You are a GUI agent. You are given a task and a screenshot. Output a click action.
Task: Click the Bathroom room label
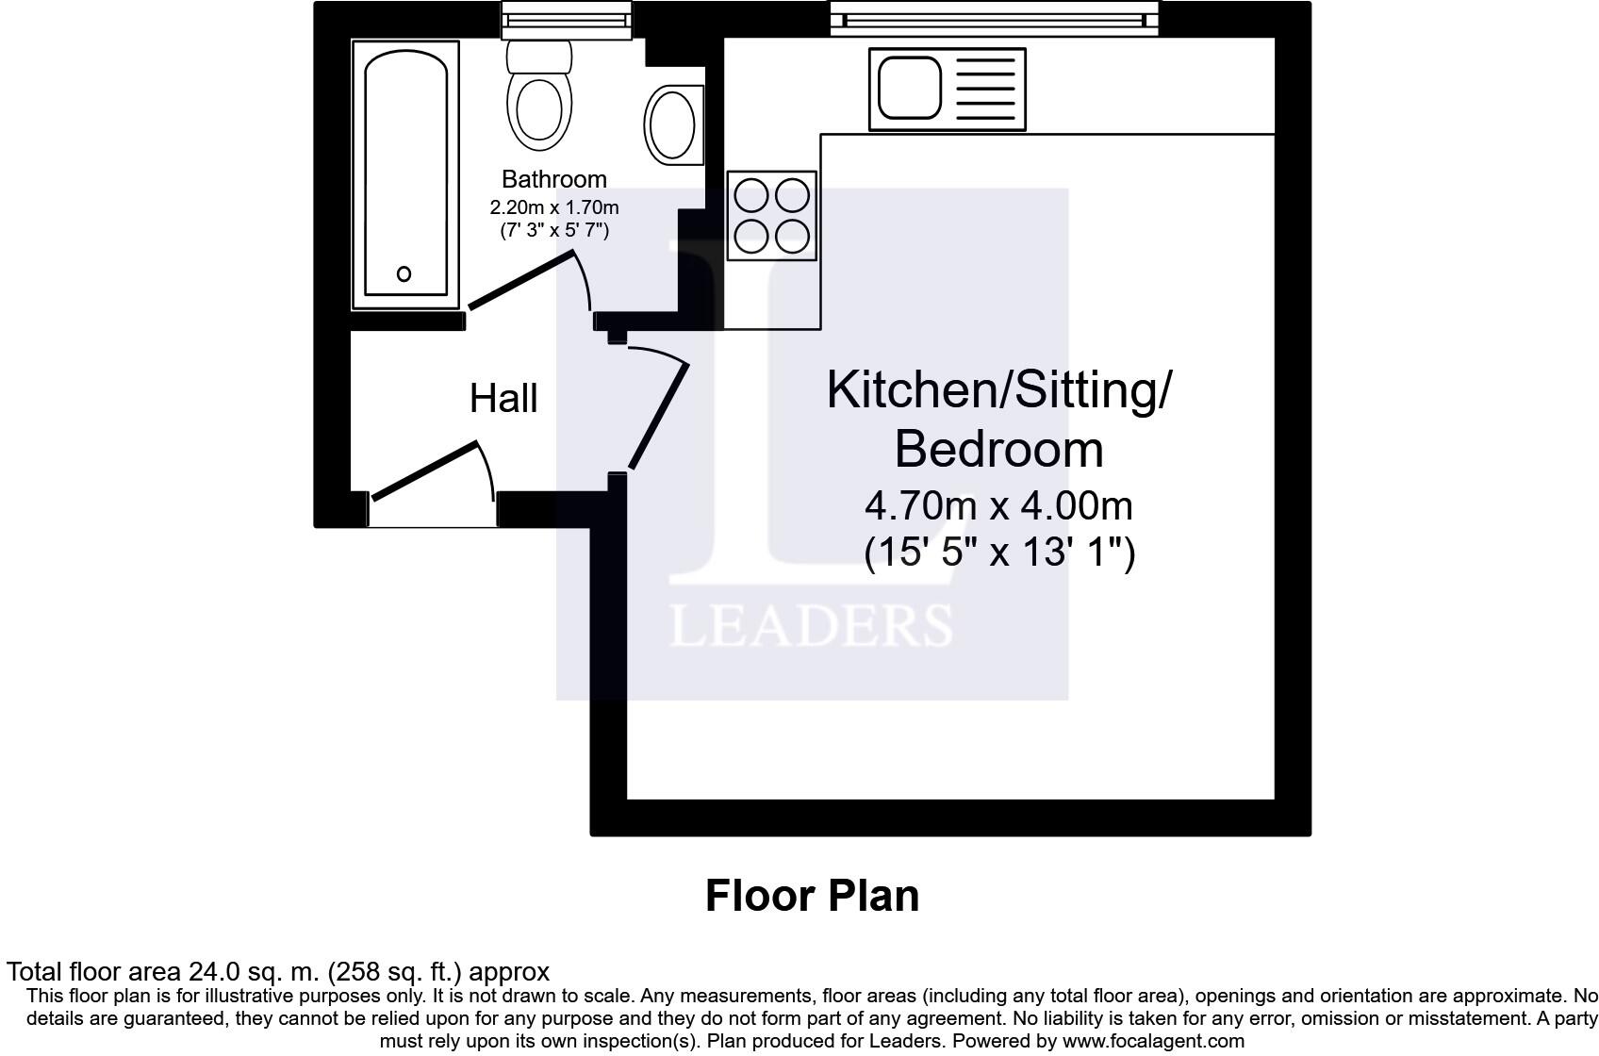553,179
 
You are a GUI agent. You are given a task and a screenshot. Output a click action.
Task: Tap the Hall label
503,398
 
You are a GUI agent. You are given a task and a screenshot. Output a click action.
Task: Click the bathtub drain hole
404,274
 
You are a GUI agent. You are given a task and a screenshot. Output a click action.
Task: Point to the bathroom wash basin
671,123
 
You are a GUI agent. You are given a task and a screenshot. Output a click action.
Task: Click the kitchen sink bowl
909,88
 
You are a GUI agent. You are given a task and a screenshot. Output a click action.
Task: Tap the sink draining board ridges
985,88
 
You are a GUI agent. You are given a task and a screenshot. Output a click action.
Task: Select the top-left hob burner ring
751,196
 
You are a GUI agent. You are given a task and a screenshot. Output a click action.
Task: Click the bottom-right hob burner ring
793,236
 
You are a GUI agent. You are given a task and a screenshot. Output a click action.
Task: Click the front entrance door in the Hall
425,470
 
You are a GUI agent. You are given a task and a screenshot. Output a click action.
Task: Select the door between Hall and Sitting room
659,415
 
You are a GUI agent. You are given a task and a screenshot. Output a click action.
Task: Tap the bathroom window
566,19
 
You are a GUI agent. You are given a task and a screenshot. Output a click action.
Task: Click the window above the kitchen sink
994,19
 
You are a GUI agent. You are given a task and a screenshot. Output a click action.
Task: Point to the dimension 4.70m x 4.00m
998,506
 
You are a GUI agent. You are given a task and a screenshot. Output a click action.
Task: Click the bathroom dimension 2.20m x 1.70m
553,206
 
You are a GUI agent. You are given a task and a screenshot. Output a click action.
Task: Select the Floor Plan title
812,896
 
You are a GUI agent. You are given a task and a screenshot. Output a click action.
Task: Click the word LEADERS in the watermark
811,626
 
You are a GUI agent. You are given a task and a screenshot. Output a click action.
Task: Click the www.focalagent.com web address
1153,1042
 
